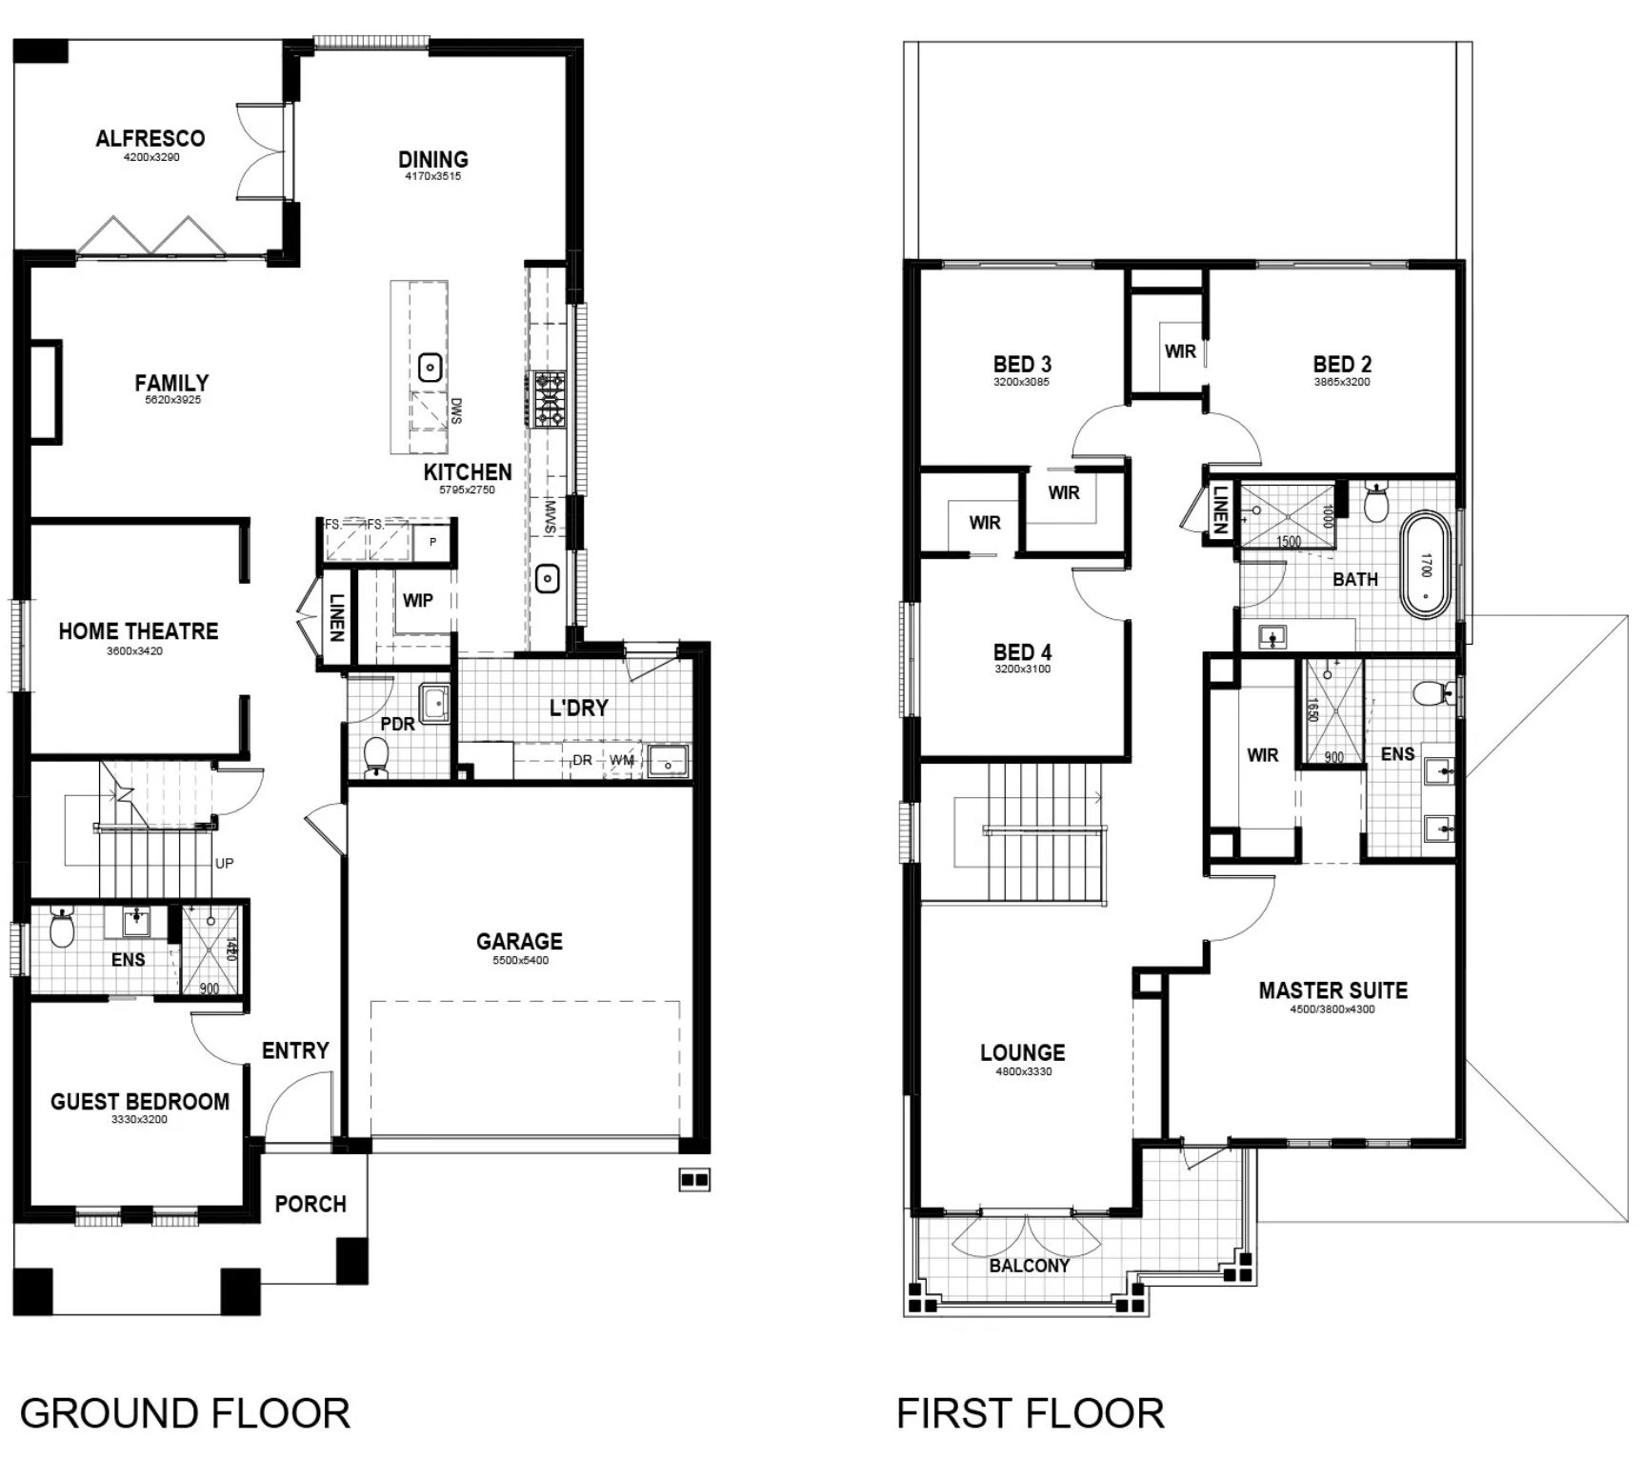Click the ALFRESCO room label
[150, 138]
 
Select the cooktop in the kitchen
[550, 399]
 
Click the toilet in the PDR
[377, 757]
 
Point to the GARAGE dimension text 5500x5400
[519, 961]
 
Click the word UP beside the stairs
[224, 864]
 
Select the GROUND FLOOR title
[185, 1412]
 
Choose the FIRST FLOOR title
[1030, 1412]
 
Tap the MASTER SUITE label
[1332, 990]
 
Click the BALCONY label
[1029, 1266]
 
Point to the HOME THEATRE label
[138, 631]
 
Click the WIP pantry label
[417, 601]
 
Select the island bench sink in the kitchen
[431, 367]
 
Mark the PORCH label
[311, 1204]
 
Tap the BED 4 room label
[1022, 652]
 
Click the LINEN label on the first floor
[1220, 510]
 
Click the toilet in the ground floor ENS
[62, 930]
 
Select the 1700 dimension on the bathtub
[1426, 565]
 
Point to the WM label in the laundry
[622, 760]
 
